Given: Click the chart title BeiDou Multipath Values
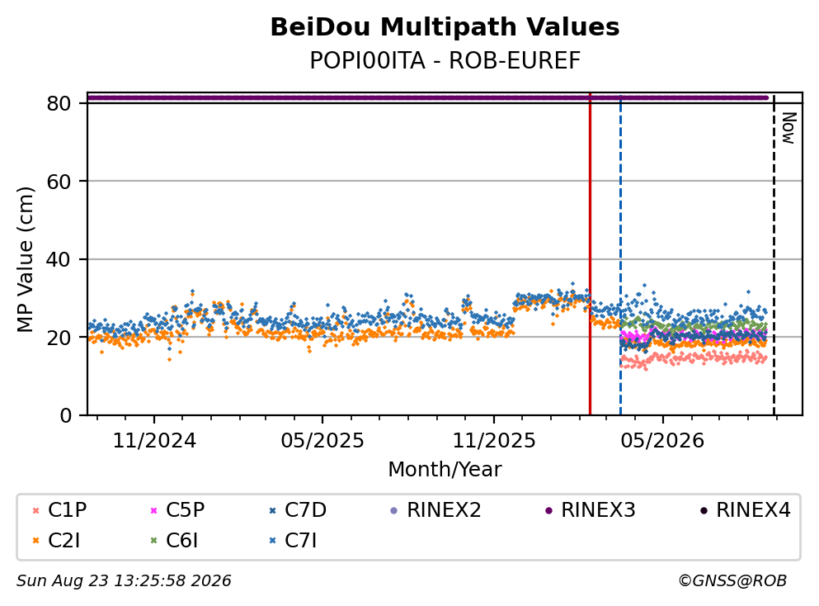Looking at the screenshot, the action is tap(445, 27).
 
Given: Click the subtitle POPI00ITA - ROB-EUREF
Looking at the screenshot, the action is tap(445, 60).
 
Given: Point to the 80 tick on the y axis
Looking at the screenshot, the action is tap(59, 103).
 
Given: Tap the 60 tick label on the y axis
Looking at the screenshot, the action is tap(59, 182).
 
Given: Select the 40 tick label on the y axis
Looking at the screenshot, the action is tap(59, 259).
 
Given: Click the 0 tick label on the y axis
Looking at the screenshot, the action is tap(65, 415).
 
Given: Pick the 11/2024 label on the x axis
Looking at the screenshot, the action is tap(154, 441).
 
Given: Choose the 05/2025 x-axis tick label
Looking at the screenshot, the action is tap(322, 441).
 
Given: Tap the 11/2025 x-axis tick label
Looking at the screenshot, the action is tap(493, 441).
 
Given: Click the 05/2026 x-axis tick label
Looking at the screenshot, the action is tap(662, 441).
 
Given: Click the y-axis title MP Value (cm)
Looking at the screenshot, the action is tap(25, 259).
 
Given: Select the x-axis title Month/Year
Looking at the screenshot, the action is tap(445, 470).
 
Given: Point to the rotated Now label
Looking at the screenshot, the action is tap(788, 128).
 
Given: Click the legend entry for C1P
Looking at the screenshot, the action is tap(59, 509).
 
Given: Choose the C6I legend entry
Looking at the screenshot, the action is tap(174, 541).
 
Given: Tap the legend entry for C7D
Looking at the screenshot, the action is tap(297, 509).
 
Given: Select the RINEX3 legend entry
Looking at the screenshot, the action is tap(591, 509).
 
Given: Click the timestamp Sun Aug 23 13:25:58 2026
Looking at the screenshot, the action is tap(124, 581).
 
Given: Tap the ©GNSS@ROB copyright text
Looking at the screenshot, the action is tap(732, 581).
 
